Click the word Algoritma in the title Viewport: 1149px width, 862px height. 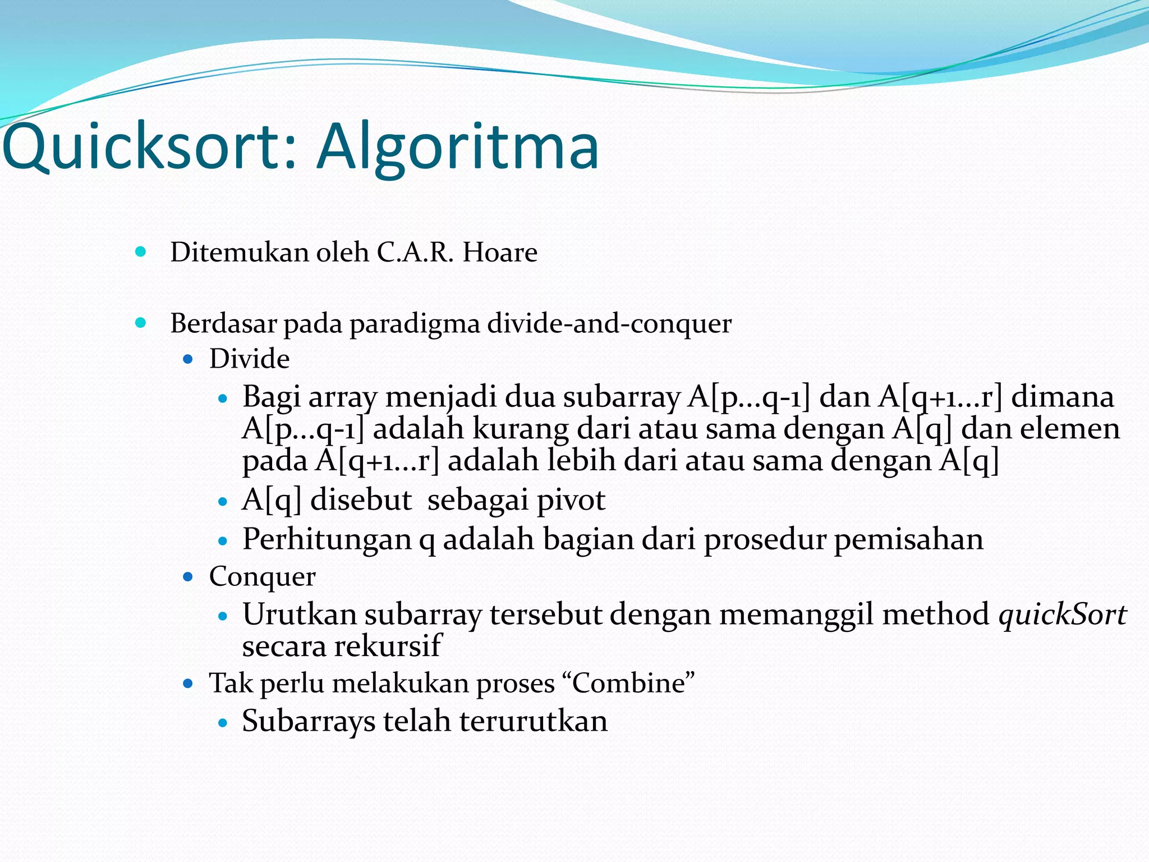pyautogui.click(x=457, y=147)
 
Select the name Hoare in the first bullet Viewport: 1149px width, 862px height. pyautogui.click(x=499, y=253)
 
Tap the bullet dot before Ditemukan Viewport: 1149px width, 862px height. pyautogui.click(x=141, y=251)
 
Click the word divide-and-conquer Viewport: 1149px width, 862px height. pyautogui.click(x=609, y=324)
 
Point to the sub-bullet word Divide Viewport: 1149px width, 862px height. pyautogui.click(x=249, y=359)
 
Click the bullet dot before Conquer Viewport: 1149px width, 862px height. pyautogui.click(x=188, y=576)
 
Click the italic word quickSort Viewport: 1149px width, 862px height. pyautogui.click(x=1063, y=615)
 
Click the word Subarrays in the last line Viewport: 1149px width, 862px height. pyautogui.click(x=308, y=722)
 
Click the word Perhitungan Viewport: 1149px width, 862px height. pyautogui.click(x=327, y=539)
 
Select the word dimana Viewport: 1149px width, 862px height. pyautogui.click(x=1062, y=397)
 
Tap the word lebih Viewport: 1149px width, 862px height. pyautogui.click(x=581, y=461)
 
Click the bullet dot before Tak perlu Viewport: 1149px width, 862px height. pyautogui.click(x=188, y=684)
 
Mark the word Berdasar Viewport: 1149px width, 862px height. pyautogui.click(x=223, y=324)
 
